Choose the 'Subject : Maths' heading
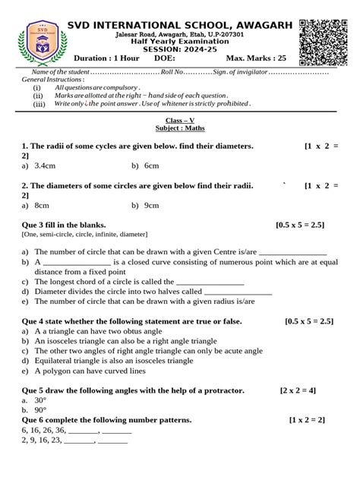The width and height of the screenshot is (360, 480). (180, 129)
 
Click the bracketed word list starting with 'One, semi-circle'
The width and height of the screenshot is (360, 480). (84, 235)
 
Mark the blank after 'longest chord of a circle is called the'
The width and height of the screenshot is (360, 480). (210, 281)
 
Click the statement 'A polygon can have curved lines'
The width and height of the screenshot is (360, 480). (89, 371)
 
